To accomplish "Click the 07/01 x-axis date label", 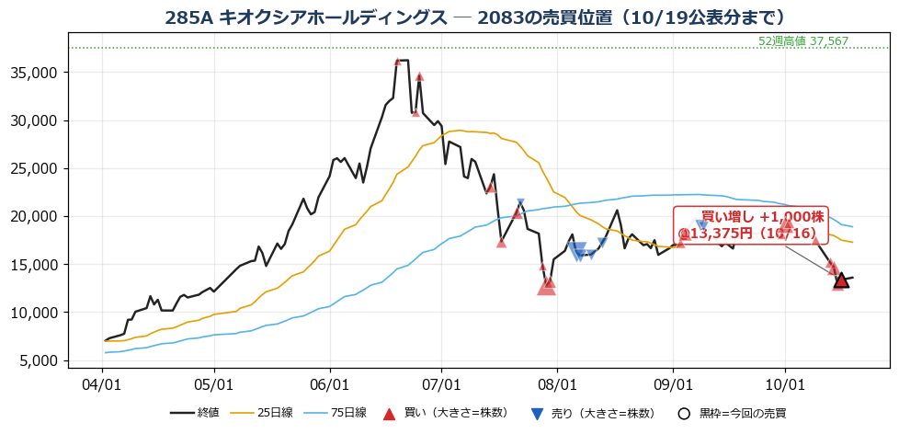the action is pos(441,382).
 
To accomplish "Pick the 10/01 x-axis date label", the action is pos(786,382).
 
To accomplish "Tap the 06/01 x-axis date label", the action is pos(330,382).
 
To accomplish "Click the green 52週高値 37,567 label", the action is pos(802,41).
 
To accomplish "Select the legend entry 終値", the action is pos(195,413).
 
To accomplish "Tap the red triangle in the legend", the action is pos(390,414).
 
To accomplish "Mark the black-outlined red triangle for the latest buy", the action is pos(841,280).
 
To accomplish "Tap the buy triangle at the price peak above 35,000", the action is pos(397,62).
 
